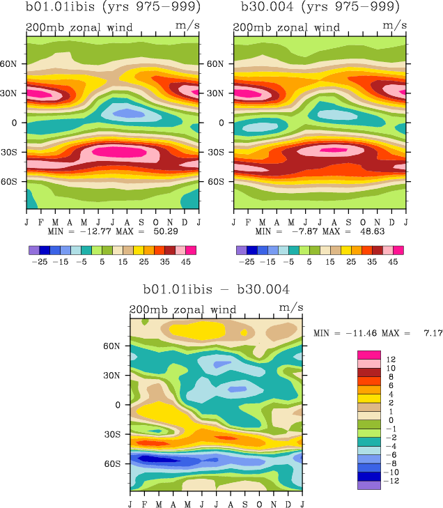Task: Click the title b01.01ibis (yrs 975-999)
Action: [112, 8]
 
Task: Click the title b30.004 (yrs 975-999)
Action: [320, 8]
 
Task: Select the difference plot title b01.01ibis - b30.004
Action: [216, 288]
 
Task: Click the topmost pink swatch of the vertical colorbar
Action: [368, 355]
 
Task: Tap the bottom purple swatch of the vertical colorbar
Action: [368, 485]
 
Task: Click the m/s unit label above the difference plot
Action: [290, 307]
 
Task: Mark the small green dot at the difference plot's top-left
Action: [144, 321]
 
